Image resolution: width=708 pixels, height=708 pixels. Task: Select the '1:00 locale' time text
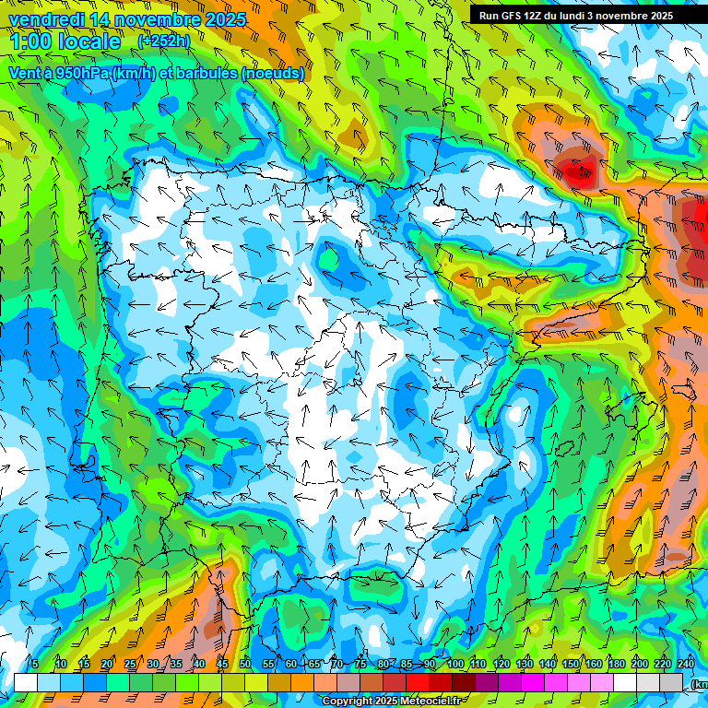(65, 42)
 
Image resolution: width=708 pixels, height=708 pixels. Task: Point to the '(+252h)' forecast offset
(163, 41)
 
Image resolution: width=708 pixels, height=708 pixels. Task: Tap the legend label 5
(34, 664)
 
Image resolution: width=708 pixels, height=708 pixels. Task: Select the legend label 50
(245, 664)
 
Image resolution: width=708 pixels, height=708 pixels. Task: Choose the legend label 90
(430, 664)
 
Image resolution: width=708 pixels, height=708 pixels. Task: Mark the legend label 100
(454, 664)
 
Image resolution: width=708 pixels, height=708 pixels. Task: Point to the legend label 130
(525, 664)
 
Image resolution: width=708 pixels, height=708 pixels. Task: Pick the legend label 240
(686, 664)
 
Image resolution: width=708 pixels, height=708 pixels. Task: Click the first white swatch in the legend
(26, 682)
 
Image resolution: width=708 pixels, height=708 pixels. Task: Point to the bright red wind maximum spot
(578, 169)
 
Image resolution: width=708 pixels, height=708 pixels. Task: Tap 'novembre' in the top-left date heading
(139, 19)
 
